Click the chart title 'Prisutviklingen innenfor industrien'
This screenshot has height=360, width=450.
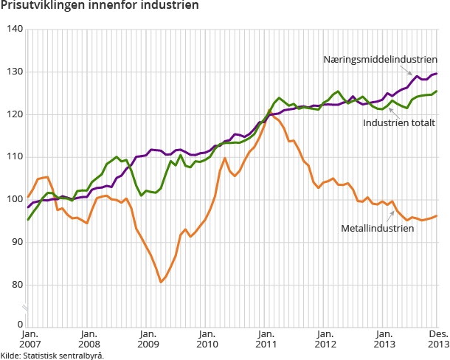[x=100, y=7]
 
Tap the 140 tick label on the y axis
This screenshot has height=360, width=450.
[x=15, y=29]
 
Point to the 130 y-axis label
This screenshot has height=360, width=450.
[x=15, y=72]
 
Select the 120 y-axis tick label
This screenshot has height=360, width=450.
[x=15, y=114]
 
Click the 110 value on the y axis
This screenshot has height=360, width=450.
[x=15, y=157]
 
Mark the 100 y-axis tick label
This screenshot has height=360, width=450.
[x=15, y=200]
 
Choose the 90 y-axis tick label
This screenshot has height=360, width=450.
[x=17, y=242]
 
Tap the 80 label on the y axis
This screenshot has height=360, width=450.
[x=17, y=285]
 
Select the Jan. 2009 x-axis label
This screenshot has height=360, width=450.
[x=148, y=339]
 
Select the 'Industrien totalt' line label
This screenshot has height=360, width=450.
[x=398, y=122]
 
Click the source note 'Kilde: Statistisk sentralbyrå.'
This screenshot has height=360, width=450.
[x=52, y=355]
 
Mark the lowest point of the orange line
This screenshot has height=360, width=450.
[x=161, y=282]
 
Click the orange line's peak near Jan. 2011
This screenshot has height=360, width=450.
[x=270, y=113]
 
